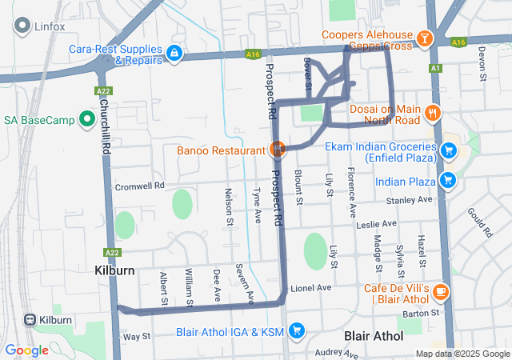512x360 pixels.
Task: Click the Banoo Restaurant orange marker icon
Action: coord(278,150)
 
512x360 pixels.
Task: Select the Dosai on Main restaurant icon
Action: coord(433,113)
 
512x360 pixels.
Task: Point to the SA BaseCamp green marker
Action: coord(87,120)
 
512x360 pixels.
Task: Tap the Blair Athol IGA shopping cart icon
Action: coord(296,330)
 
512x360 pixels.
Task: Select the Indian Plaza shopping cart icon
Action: coord(447,181)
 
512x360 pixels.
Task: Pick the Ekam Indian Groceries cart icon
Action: coord(449,150)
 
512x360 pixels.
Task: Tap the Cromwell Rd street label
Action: coord(139,185)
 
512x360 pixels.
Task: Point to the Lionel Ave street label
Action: coord(310,288)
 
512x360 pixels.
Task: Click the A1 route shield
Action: coord(435,69)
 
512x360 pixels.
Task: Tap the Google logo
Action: coord(26,350)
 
